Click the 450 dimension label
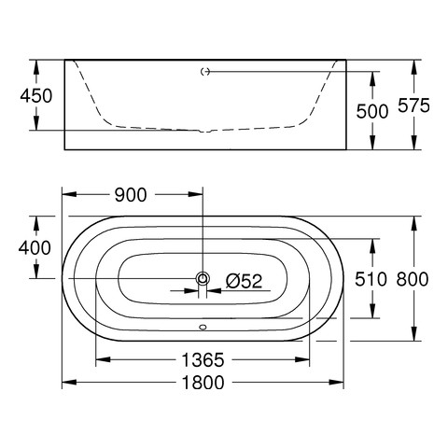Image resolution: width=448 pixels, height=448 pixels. [36, 96]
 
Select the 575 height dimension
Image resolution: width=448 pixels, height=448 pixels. [413, 105]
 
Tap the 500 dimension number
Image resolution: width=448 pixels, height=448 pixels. [372, 111]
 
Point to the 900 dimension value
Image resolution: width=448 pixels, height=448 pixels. [131, 195]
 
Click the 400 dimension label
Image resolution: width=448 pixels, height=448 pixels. [35, 248]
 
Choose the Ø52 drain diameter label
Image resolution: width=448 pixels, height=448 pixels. [245, 281]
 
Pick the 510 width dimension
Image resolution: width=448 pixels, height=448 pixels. [371, 279]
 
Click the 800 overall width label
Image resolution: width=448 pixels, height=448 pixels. [413, 279]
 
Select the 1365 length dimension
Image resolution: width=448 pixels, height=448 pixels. [203, 360]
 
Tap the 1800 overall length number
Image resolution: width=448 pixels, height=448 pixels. [203, 383]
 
